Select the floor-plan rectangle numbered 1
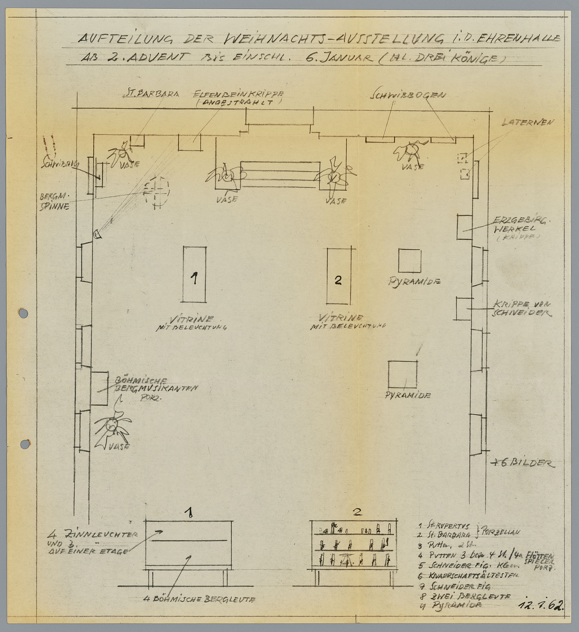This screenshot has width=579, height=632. click(x=194, y=275)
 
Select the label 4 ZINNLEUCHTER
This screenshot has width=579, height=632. click(x=92, y=533)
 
